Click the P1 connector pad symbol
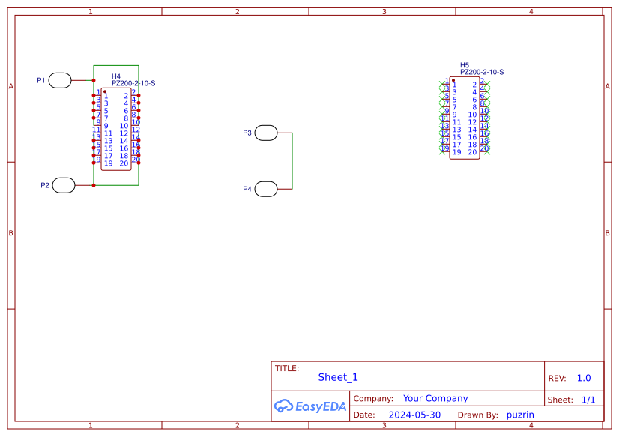pyautogui.click(x=60, y=80)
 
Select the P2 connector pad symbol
pyautogui.click(x=64, y=185)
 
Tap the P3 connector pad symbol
pyautogui.click(x=266, y=133)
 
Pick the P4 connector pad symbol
pyautogui.click(x=266, y=189)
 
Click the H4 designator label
pyautogui.click(x=116, y=76)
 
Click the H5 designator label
pyautogui.click(x=465, y=66)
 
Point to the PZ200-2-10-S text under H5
pyautogui.click(x=482, y=73)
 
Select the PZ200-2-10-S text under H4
pyautogui.click(x=133, y=83)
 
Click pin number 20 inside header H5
pyautogui.click(x=472, y=152)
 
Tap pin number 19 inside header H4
pyautogui.click(x=109, y=163)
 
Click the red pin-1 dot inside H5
pyautogui.click(x=453, y=80)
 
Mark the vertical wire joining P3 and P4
pyautogui.click(x=292, y=161)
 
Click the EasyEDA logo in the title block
pyautogui.click(x=309, y=406)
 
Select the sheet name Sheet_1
pyautogui.click(x=338, y=378)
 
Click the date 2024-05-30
pyautogui.click(x=414, y=415)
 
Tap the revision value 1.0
pyautogui.click(x=584, y=379)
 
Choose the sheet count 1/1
pyautogui.click(x=588, y=400)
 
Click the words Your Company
pyautogui.click(x=435, y=399)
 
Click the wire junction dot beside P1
pyautogui.click(x=94, y=80)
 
